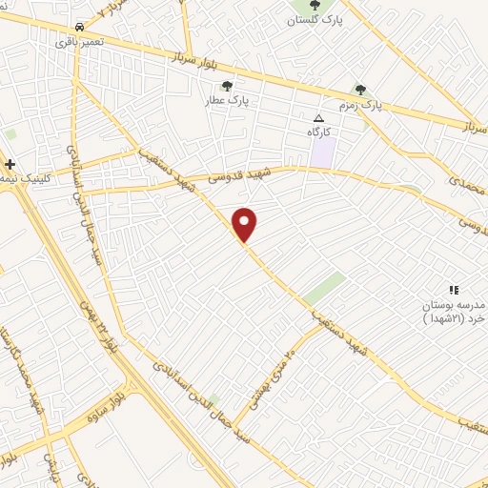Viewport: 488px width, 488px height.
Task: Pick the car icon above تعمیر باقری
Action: click(77, 28)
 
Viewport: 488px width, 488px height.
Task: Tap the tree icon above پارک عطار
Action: click(226, 86)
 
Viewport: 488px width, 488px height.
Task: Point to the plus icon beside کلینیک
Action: click(10, 164)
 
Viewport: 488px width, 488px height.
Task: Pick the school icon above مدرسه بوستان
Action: click(454, 289)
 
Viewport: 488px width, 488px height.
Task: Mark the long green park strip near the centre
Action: click(325, 287)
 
